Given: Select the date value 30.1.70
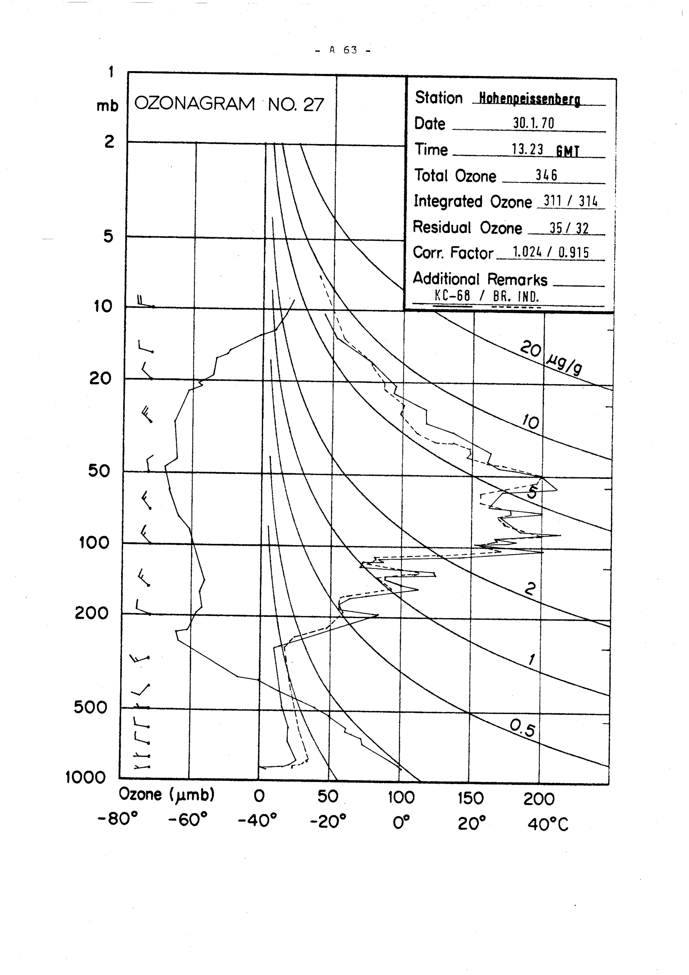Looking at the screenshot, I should point(533,123).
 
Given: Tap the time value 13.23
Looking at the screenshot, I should point(527,150).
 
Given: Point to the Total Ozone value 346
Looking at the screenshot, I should point(546,175).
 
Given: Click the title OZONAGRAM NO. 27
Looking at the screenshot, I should point(229,104).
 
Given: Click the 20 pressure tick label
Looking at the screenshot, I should point(100,378).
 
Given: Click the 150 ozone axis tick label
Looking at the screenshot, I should point(471,799).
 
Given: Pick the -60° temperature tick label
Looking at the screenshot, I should point(187,820).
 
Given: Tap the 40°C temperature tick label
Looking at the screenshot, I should point(548,824).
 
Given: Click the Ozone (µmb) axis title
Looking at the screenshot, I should point(167,794).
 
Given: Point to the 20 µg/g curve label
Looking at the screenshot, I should point(551,358).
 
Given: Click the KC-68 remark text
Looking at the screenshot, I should point(452,295).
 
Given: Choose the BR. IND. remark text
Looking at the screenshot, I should point(516,296).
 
